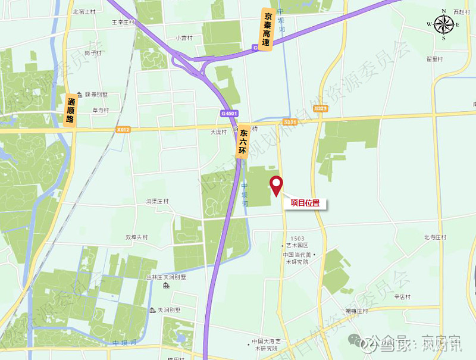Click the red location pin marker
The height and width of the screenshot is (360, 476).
coord(276,185)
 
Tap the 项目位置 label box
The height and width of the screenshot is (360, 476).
coord(305,203)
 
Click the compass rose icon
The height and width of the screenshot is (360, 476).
coord(444,25)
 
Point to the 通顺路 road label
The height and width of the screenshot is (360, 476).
coord(72,110)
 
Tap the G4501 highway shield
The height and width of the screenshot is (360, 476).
coord(228,113)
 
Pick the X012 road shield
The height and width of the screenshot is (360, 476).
coord(124,129)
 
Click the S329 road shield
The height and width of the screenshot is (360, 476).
coord(321,108)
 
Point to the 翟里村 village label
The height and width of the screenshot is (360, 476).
coord(435,59)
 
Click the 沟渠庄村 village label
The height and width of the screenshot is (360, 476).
coord(158,201)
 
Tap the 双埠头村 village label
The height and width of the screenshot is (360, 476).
coord(136,236)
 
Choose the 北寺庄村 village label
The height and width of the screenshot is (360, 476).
coord(435,237)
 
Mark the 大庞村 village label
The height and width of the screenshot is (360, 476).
coord(219,132)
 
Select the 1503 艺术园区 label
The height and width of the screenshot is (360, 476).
coord(296,242)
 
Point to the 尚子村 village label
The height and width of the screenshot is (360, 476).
coord(91,52)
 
